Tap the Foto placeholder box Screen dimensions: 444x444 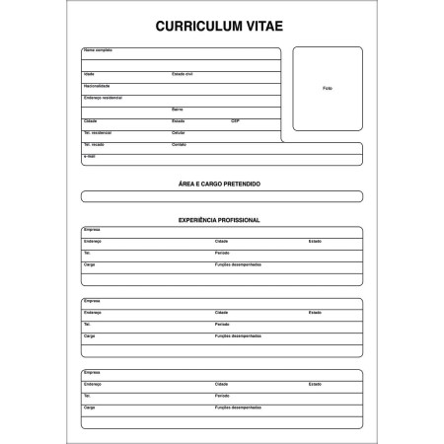(x=327, y=88)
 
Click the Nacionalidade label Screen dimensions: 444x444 (x=96, y=86)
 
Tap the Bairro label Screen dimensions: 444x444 (x=178, y=109)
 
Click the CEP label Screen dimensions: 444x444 (x=235, y=120)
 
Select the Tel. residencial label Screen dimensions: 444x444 (x=99, y=132)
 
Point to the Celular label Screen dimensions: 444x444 (x=179, y=132)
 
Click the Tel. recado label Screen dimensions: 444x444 (x=95, y=144)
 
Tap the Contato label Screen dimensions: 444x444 (x=179, y=144)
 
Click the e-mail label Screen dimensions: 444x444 (x=90, y=156)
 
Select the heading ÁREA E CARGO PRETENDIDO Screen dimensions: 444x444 (x=221, y=185)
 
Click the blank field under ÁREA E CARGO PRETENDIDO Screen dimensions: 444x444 (x=221, y=196)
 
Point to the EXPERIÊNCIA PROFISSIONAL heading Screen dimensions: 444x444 (x=221, y=219)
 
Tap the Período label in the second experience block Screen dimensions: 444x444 (x=222, y=324)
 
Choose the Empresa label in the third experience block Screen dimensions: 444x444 (x=92, y=371)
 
